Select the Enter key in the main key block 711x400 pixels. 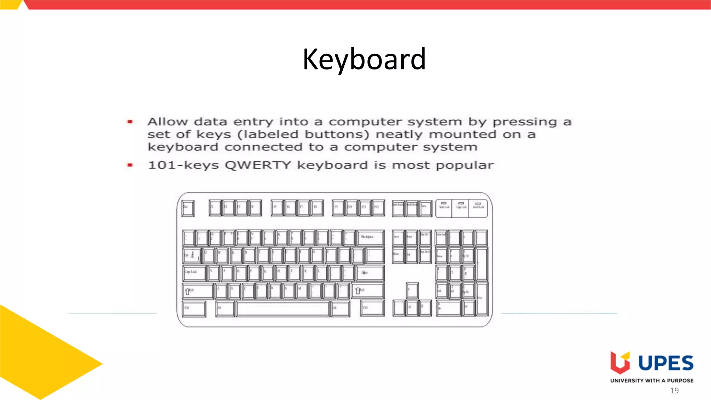coord(370,273)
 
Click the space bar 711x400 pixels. coord(283,309)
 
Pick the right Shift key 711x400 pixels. coord(368,291)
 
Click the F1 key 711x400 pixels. coord(215,208)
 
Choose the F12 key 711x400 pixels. coord(379,208)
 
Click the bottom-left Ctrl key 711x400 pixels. coord(194,309)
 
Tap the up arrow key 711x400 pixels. coord(412,290)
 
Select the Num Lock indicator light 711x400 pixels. coord(444,203)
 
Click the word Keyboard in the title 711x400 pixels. coord(364,59)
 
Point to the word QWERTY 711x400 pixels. coord(258,165)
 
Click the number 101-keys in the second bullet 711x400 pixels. coord(183,165)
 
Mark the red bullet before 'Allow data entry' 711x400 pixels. coord(130,122)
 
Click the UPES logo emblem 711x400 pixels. coord(620,363)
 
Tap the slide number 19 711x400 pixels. coord(674,391)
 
